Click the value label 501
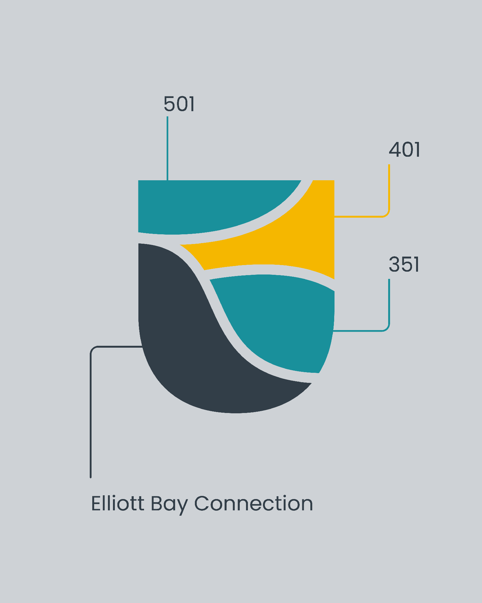[x=179, y=104]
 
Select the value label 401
[x=404, y=150]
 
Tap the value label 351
[x=404, y=264]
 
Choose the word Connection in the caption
[x=254, y=503]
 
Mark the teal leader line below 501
[x=167, y=148]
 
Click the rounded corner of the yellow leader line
[x=387, y=214]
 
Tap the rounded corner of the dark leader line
[x=93, y=349]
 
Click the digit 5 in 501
[x=169, y=104]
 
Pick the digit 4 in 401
[x=395, y=150]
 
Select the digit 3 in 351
[x=394, y=264]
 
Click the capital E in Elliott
[x=96, y=503]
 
